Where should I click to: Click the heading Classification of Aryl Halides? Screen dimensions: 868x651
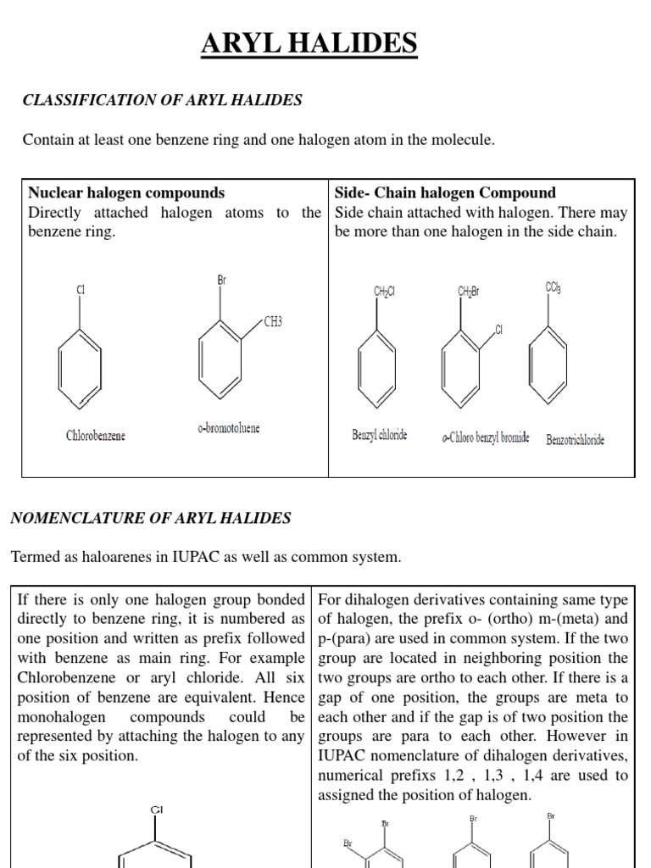coord(162,100)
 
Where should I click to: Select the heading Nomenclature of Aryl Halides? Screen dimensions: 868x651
coord(151,517)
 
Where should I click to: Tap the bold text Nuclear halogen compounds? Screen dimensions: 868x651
coord(126,192)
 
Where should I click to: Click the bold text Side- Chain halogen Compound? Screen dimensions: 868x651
coord(445,192)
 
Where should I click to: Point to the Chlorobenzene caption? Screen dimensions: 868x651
coord(96,436)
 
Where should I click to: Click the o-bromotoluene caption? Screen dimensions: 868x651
coord(229,428)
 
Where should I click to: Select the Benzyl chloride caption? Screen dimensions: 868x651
coord(380,435)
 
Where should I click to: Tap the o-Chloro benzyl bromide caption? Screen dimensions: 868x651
coord(485,437)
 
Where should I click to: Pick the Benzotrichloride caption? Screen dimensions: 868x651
coord(576,440)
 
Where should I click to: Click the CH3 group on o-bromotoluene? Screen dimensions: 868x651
coord(273,322)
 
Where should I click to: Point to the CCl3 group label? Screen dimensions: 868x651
coord(553,288)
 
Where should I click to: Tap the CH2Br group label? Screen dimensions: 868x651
coord(469,292)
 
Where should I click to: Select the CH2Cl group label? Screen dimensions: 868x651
coord(384,292)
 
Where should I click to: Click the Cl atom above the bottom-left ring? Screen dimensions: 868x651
coord(157,810)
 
